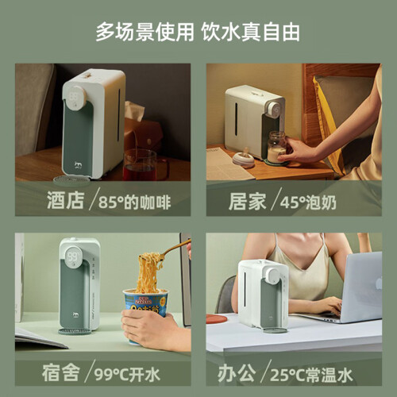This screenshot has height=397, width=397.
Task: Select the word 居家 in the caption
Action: tap(248, 202)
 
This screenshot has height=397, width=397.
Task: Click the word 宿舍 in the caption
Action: tap(60, 372)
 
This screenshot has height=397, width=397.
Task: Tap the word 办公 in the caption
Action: tap(237, 373)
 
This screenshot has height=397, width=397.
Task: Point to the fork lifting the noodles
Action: tap(175, 249)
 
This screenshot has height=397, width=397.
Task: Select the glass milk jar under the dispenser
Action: tap(277, 148)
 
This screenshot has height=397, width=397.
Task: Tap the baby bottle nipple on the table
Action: tap(244, 158)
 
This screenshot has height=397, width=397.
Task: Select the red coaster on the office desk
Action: tap(217, 318)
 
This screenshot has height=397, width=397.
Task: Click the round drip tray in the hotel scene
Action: tap(71, 180)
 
